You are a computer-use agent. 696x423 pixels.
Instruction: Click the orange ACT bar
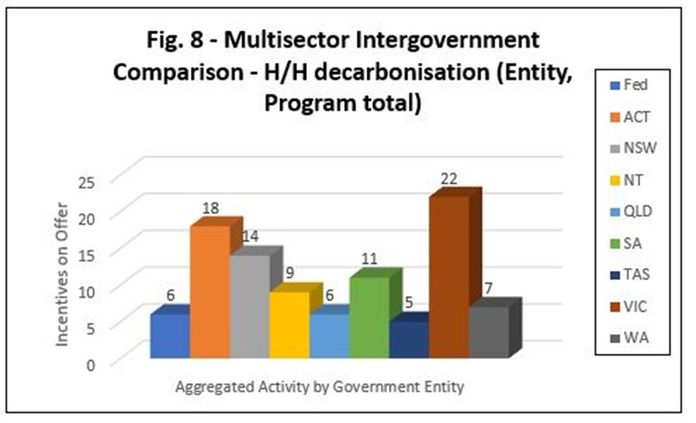coord(211,292)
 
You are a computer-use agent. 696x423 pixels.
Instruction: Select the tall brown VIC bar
coord(449,276)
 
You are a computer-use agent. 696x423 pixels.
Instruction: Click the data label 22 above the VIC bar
coord(449,178)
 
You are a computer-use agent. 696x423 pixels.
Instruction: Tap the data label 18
coord(211,208)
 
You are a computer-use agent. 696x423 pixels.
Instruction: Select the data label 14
coord(250,236)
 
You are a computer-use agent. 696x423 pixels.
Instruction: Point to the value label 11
coord(369,258)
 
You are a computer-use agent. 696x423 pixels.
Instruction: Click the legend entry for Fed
coord(629,85)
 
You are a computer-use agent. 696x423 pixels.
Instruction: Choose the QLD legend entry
coord(631,211)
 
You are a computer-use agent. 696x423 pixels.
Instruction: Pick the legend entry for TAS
coord(630,274)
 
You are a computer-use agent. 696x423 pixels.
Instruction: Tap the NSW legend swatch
coord(615,148)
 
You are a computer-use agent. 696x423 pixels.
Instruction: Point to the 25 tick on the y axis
coord(87,183)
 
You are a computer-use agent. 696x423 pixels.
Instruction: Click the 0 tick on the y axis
coord(91,365)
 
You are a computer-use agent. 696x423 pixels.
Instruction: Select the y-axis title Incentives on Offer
coord(62,274)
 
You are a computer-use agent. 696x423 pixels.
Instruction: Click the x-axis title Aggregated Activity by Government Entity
coord(320,387)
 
